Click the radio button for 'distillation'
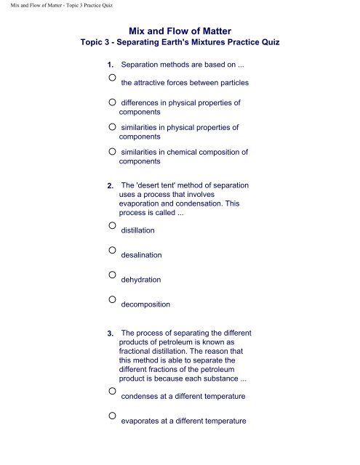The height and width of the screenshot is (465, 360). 112,225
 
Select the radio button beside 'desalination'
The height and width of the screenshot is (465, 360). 112,250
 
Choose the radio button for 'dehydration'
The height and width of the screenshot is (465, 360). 112,275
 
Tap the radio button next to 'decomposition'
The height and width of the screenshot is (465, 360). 112,299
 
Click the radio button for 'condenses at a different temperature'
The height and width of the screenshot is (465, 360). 112,391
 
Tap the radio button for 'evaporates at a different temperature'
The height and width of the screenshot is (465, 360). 112,416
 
